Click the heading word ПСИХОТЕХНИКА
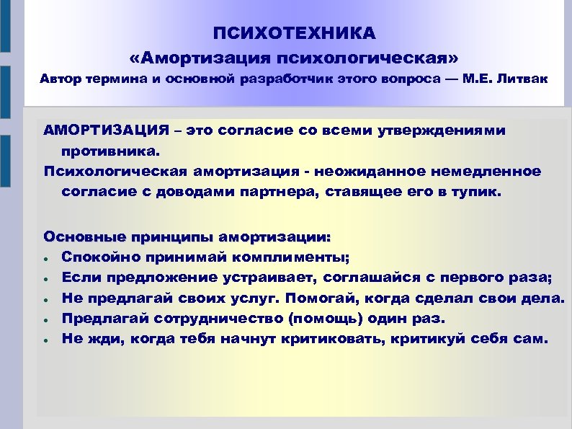[x=294, y=33]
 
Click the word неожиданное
[x=362, y=171]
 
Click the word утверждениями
[x=452, y=131]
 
